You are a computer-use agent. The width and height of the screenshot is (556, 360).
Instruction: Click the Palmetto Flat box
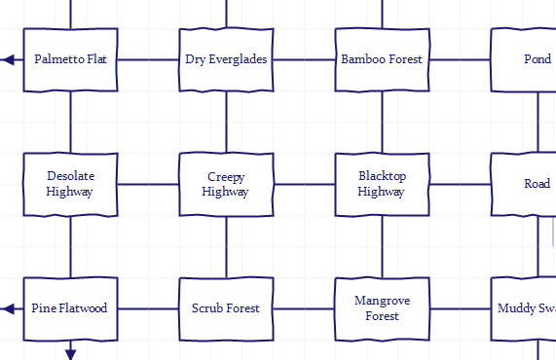tap(70, 59)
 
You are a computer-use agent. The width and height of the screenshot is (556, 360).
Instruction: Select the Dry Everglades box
tap(226, 59)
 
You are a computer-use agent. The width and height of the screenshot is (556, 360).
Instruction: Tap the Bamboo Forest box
tap(382, 59)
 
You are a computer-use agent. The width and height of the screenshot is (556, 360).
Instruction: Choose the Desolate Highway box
tap(70, 184)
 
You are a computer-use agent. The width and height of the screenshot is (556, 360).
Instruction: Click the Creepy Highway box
tap(226, 184)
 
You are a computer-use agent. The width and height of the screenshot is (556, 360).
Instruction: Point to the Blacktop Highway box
tap(382, 184)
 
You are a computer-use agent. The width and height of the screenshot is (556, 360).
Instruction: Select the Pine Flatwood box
tap(70, 308)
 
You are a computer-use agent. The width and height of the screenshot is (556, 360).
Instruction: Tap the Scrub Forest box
tap(226, 308)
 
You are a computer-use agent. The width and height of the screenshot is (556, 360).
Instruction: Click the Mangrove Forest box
tap(382, 308)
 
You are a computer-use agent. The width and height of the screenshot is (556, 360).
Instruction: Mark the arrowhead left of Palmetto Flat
tap(8, 59)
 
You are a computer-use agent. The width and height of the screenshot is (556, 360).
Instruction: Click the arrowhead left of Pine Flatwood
tap(8, 308)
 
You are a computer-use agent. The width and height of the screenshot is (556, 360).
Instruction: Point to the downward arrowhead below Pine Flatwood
tap(70, 353)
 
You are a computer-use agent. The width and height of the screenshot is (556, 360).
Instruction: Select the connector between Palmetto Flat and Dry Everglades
tap(148, 59)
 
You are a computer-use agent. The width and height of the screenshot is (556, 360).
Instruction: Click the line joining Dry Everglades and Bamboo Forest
tap(304, 59)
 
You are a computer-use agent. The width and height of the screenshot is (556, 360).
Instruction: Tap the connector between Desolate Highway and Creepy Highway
tap(148, 184)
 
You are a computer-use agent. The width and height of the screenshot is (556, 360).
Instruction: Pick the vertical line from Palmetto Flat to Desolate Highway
tap(70, 122)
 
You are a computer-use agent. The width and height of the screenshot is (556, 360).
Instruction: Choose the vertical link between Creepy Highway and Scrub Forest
tap(226, 246)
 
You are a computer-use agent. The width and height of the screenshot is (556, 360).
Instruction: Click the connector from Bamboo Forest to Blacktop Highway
tap(382, 122)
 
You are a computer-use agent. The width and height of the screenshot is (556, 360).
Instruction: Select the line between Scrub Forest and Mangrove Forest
tap(304, 308)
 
